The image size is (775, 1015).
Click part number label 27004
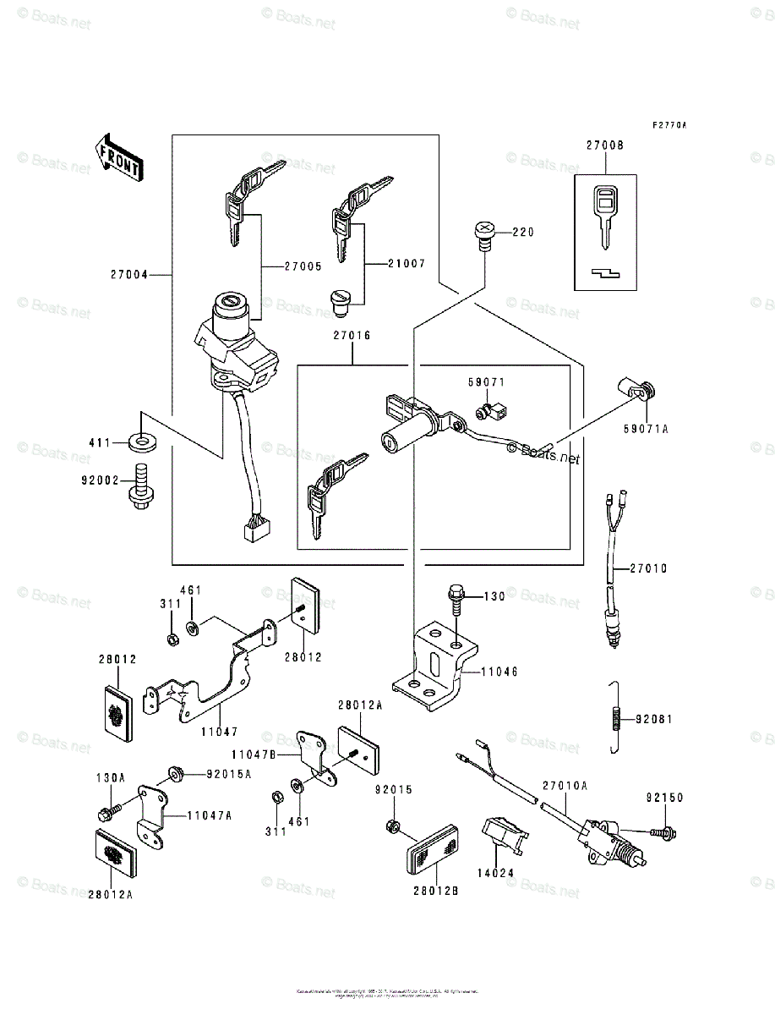tap(128, 274)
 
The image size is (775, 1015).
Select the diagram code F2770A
tap(669, 125)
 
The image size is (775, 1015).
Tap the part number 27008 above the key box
tap(605, 145)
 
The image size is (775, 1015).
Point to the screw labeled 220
tap(484, 233)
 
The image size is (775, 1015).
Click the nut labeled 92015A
tap(176, 772)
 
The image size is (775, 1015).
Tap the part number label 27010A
tap(565, 785)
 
